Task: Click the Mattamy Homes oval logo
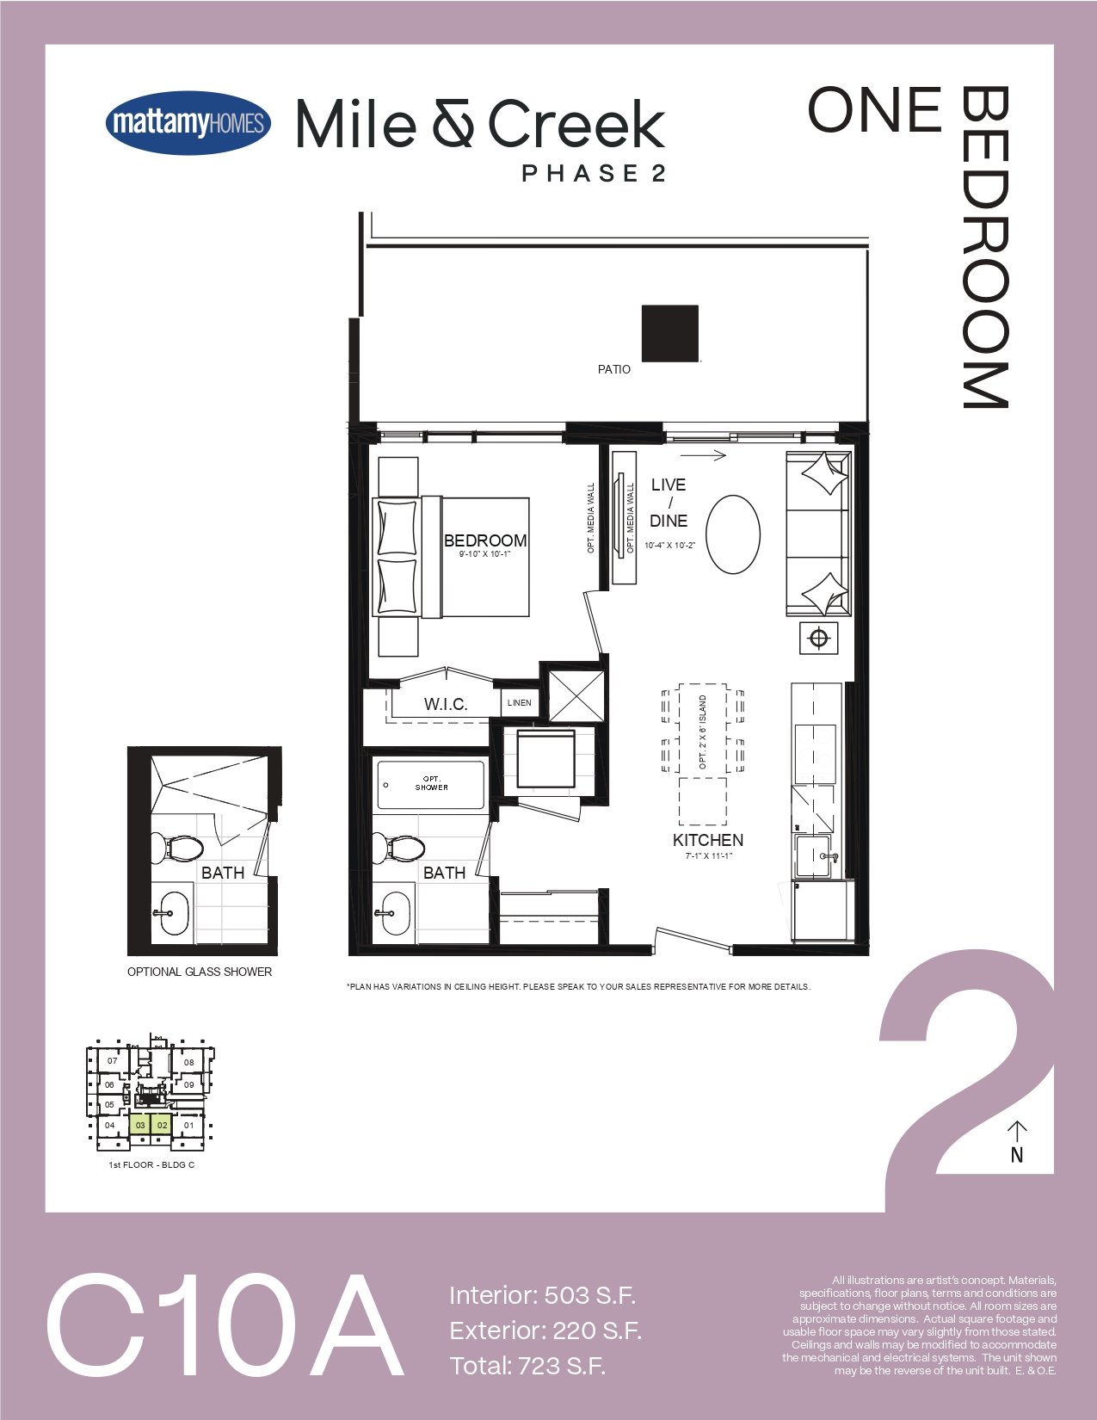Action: point(188,123)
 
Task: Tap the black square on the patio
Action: point(669,333)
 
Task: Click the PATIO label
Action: point(614,369)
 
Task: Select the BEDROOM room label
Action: point(485,540)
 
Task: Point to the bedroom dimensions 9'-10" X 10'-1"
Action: point(484,554)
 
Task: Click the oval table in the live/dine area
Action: point(734,534)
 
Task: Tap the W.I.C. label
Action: point(446,705)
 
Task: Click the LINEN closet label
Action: point(520,702)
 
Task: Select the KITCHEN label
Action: point(708,840)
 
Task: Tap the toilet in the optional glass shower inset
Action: point(177,849)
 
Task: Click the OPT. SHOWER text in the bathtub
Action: point(432,783)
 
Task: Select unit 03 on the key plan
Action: point(140,1126)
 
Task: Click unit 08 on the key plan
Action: point(188,1062)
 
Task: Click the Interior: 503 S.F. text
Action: point(542,1295)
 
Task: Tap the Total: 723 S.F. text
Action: point(527,1366)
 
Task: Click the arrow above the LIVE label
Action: point(703,455)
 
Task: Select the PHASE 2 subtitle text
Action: point(594,173)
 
